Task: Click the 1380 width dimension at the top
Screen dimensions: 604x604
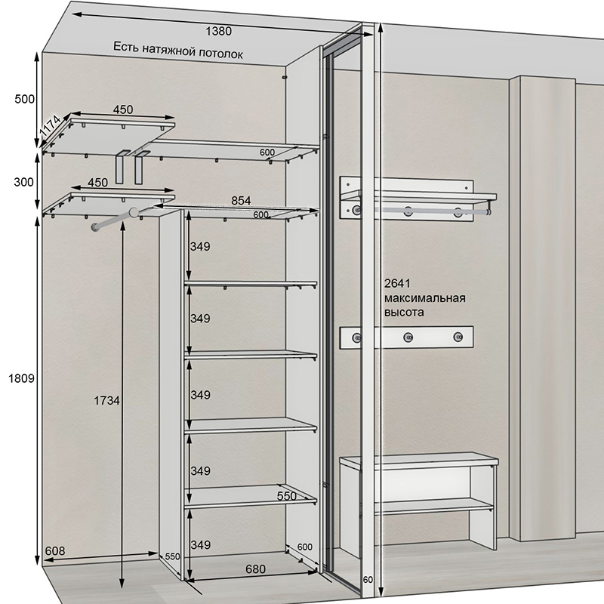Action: tap(218, 31)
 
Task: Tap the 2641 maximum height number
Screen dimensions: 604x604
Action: tap(398, 284)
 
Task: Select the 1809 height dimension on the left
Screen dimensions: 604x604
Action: tap(22, 379)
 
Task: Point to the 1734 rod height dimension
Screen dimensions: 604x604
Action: tap(106, 401)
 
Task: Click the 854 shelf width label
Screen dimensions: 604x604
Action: tap(241, 201)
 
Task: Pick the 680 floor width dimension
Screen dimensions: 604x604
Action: tap(255, 569)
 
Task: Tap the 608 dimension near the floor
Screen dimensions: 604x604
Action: tap(54, 551)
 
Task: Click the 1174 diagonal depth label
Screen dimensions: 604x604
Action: tap(51, 126)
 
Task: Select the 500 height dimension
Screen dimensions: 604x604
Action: tap(25, 99)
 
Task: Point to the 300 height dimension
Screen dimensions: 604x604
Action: tap(24, 182)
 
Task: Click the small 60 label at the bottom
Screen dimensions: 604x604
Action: tap(368, 580)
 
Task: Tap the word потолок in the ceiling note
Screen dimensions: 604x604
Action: tap(220, 53)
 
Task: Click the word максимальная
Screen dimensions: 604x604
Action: tap(424, 298)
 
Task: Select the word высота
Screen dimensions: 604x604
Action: tap(404, 312)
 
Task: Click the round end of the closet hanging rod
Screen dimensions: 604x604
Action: tap(134, 212)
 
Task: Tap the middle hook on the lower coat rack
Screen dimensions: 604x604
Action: tap(408, 337)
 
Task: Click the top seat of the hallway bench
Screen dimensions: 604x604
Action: tap(419, 460)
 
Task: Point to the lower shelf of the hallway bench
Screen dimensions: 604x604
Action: tap(433, 505)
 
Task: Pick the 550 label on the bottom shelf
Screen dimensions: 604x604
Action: tap(287, 496)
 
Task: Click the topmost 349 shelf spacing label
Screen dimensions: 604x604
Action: tap(200, 246)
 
